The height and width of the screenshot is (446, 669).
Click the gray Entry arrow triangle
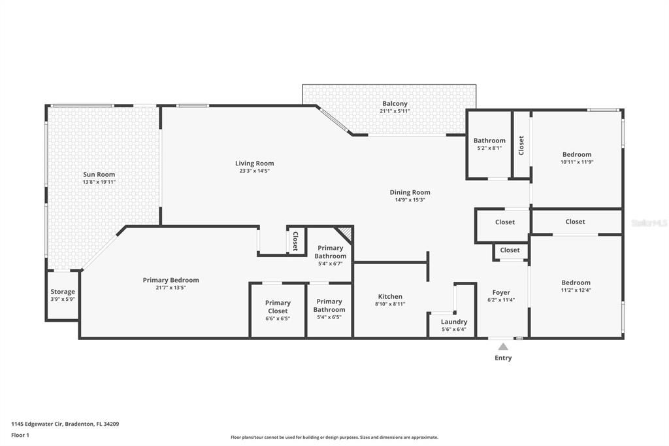pyautogui.click(x=502, y=347)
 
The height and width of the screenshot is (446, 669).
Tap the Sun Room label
pyautogui.click(x=99, y=175)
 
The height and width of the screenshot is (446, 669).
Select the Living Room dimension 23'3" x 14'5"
pyautogui.click(x=255, y=171)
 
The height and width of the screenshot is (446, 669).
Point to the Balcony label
pyautogui.click(x=395, y=103)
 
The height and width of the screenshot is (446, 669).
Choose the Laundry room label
pyautogui.click(x=454, y=322)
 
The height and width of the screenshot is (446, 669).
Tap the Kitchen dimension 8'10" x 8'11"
pyautogui.click(x=390, y=304)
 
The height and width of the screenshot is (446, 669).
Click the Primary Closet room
pyautogui.click(x=278, y=310)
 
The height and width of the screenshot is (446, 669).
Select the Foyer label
pyautogui.click(x=501, y=292)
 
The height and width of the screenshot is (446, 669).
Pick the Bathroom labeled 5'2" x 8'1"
pyautogui.click(x=489, y=144)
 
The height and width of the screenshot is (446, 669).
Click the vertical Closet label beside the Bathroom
pyautogui.click(x=521, y=145)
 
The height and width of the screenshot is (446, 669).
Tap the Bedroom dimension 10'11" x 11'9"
pyautogui.click(x=577, y=162)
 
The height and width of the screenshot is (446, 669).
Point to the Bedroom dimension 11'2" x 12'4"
pyautogui.click(x=576, y=290)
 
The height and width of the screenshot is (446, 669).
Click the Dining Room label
pyautogui.click(x=410, y=192)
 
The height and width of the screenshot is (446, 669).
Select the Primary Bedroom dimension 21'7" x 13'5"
pyautogui.click(x=171, y=288)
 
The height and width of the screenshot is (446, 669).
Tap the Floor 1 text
pyautogui.click(x=20, y=435)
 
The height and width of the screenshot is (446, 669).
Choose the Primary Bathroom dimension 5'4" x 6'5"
pyautogui.click(x=329, y=317)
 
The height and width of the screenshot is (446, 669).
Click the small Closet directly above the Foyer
pyautogui.click(x=510, y=250)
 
